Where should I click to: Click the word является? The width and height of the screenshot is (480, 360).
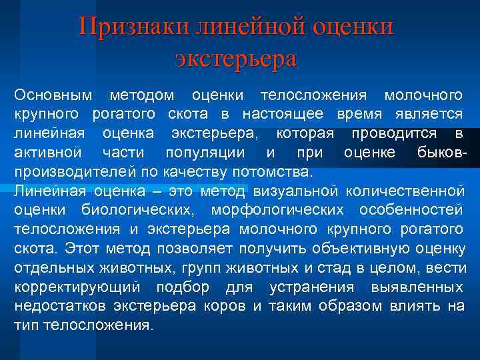pos(430,114)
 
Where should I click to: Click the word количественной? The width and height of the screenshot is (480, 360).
pos(405,191)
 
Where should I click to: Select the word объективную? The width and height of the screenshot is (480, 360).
pos(360,249)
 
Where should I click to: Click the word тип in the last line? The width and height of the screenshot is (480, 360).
pos(25,327)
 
